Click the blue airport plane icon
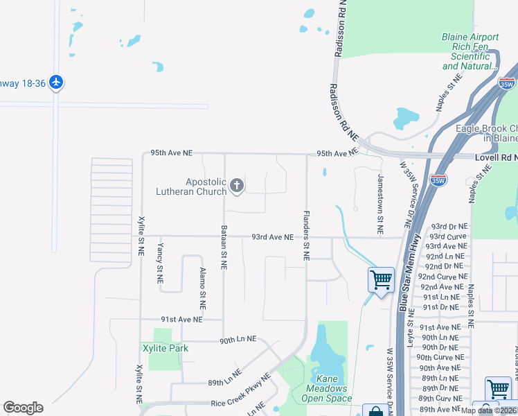click(56, 83)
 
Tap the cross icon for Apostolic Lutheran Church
click(237, 185)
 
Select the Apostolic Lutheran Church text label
click(206, 187)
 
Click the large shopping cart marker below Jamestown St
click(381, 280)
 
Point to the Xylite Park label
click(165, 348)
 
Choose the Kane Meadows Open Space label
click(328, 388)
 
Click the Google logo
click(23, 408)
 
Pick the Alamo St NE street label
click(203, 288)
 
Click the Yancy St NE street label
click(160, 263)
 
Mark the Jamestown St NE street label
click(379, 202)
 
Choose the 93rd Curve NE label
click(447, 236)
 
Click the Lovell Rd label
click(496, 158)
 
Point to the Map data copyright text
click(489, 410)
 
